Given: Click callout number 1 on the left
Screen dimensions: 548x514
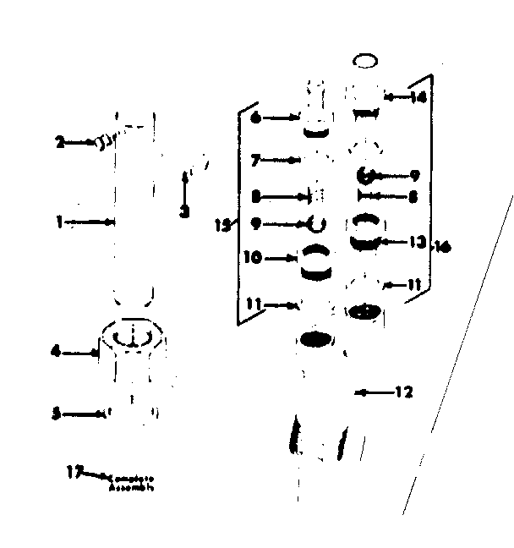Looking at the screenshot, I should [x=60, y=222].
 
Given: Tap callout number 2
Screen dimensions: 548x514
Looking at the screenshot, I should [x=60, y=143].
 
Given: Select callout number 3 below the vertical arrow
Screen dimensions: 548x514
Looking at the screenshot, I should [x=184, y=212].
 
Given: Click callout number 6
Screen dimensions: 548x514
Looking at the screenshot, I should [x=254, y=118].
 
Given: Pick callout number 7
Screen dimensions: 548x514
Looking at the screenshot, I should [x=254, y=158].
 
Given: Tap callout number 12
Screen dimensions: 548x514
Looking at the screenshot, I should [x=402, y=392].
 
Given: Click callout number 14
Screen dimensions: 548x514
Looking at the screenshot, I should [x=418, y=97].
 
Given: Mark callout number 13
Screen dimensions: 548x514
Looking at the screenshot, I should [x=414, y=242].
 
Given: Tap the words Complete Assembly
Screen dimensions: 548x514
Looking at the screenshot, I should [x=132, y=482].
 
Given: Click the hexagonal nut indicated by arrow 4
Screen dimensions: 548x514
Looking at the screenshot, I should [x=131, y=338].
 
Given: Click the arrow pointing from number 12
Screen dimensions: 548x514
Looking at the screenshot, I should [x=372, y=392].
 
